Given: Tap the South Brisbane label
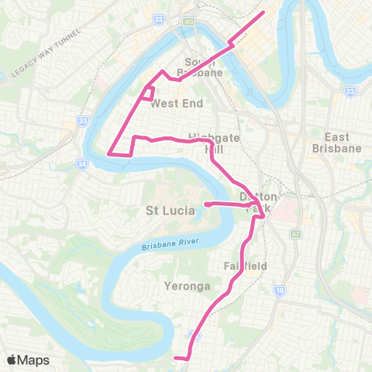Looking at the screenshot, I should (203, 67).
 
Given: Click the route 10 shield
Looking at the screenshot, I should (280, 291).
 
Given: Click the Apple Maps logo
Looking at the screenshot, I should (28, 360).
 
